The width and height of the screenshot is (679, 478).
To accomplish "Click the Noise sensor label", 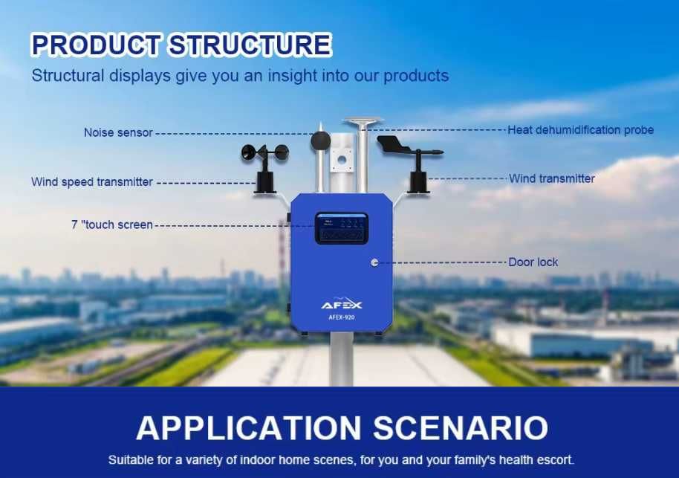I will click(117, 133).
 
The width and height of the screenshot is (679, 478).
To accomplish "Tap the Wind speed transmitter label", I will click(92, 182).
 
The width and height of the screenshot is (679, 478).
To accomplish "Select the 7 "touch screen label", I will click(112, 225).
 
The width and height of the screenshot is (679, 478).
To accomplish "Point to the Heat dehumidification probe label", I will click(580, 130).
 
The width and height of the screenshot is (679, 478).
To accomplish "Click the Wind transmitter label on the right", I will click(551, 178).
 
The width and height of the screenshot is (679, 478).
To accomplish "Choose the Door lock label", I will click(533, 262).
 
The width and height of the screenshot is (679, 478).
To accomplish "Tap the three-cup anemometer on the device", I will click(264, 154).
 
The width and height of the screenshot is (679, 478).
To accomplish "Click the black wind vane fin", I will click(394, 143).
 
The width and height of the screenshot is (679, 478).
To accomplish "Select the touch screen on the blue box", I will click(341, 228).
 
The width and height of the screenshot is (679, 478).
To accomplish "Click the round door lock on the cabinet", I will click(374, 262).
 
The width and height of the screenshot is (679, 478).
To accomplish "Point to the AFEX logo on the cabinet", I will click(342, 304).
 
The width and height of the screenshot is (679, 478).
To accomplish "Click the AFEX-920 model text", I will click(342, 316).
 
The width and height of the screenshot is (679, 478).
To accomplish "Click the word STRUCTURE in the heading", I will click(249, 45).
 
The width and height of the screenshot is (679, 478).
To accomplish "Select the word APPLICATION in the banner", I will click(249, 427).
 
